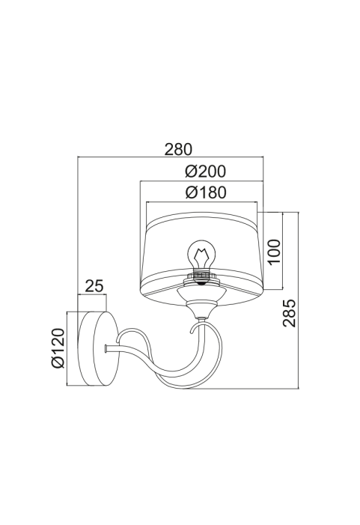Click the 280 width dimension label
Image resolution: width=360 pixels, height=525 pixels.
178,150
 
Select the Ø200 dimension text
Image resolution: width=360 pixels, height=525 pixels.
205,172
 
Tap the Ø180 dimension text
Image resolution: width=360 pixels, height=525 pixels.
206,192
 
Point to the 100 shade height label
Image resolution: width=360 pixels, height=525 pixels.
274,251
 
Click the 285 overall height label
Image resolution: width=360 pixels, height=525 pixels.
290,313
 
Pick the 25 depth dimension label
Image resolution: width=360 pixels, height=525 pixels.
94,286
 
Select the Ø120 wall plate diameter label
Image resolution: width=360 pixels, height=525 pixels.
58,348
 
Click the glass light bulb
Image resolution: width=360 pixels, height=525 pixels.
201,255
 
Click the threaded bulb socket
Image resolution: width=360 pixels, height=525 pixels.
201,276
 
